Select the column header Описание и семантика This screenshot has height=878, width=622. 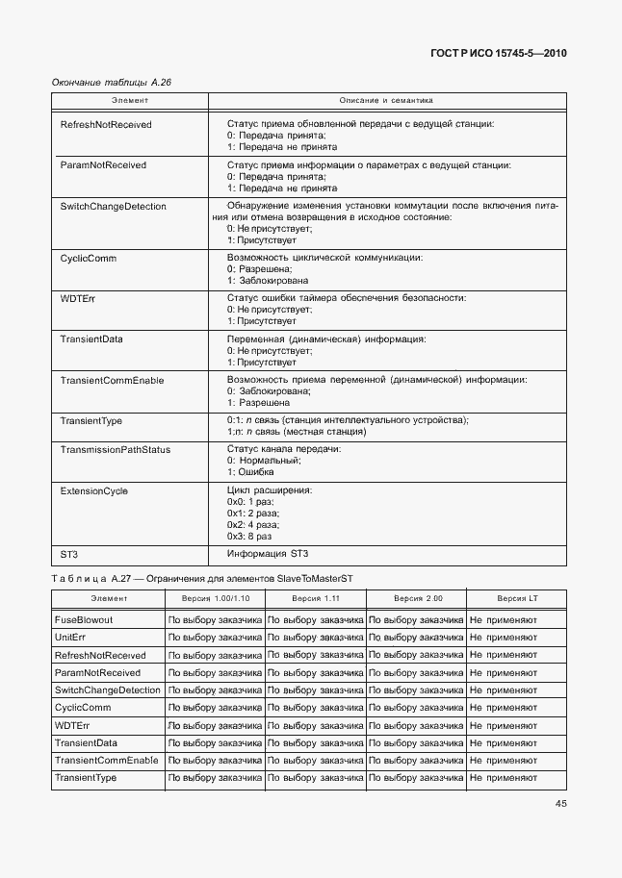point(386,100)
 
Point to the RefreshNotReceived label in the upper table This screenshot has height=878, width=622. point(106,125)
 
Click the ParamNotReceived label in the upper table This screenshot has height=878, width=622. point(103,165)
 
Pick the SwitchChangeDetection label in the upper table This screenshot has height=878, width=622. point(113,207)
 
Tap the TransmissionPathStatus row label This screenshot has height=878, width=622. point(116,450)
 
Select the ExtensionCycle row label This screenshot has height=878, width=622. point(94,491)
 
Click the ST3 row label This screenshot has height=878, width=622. point(69,554)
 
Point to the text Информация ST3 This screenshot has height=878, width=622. point(268,554)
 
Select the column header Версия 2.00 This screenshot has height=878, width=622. point(418,599)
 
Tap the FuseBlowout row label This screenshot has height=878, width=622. point(84,620)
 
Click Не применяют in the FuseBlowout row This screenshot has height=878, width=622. point(504,620)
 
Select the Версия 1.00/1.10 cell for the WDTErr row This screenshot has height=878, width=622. point(216,725)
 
